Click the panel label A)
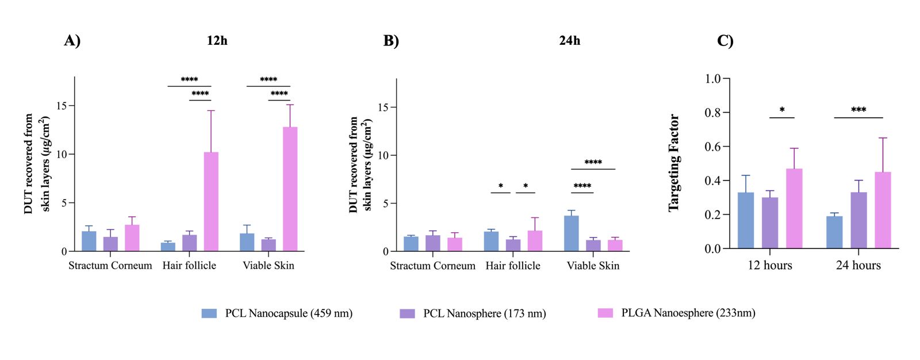[x=72, y=41]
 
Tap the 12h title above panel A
[x=217, y=41]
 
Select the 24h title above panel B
[x=569, y=41]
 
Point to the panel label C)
[x=725, y=41]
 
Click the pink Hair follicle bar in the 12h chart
[x=211, y=201]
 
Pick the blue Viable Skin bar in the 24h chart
[x=571, y=233]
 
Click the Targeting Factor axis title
[x=674, y=163]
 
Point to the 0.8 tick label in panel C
[x=712, y=113]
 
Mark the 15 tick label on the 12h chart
[x=61, y=106]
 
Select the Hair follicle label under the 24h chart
[x=513, y=266]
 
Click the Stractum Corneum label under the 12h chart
[x=110, y=266]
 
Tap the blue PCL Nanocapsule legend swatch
[x=209, y=313]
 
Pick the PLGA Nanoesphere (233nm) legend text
[x=688, y=313]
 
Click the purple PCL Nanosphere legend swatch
[x=407, y=313]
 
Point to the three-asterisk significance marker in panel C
[x=858, y=110]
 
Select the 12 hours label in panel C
[x=769, y=266]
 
